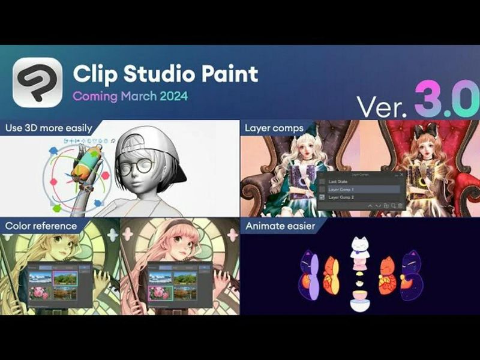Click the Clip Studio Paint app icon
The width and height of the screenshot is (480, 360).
coord(37,83)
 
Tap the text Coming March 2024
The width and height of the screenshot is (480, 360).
coord(130,96)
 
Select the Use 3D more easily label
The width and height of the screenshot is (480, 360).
coord(49,127)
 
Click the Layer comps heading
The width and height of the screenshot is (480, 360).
coord(274,127)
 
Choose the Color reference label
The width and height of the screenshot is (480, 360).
coord(41,226)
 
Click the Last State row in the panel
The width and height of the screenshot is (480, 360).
coord(340,181)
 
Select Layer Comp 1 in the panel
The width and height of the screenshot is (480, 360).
coord(343,189)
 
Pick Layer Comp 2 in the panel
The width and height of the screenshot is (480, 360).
coord(343,197)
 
